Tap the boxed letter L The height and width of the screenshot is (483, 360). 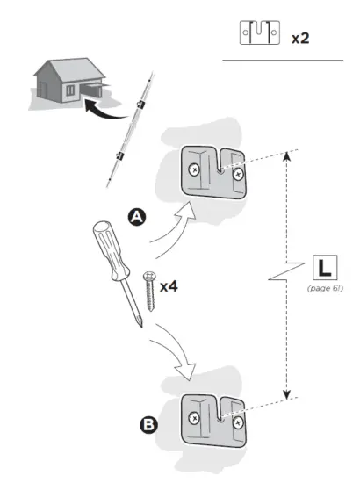[322, 265]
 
